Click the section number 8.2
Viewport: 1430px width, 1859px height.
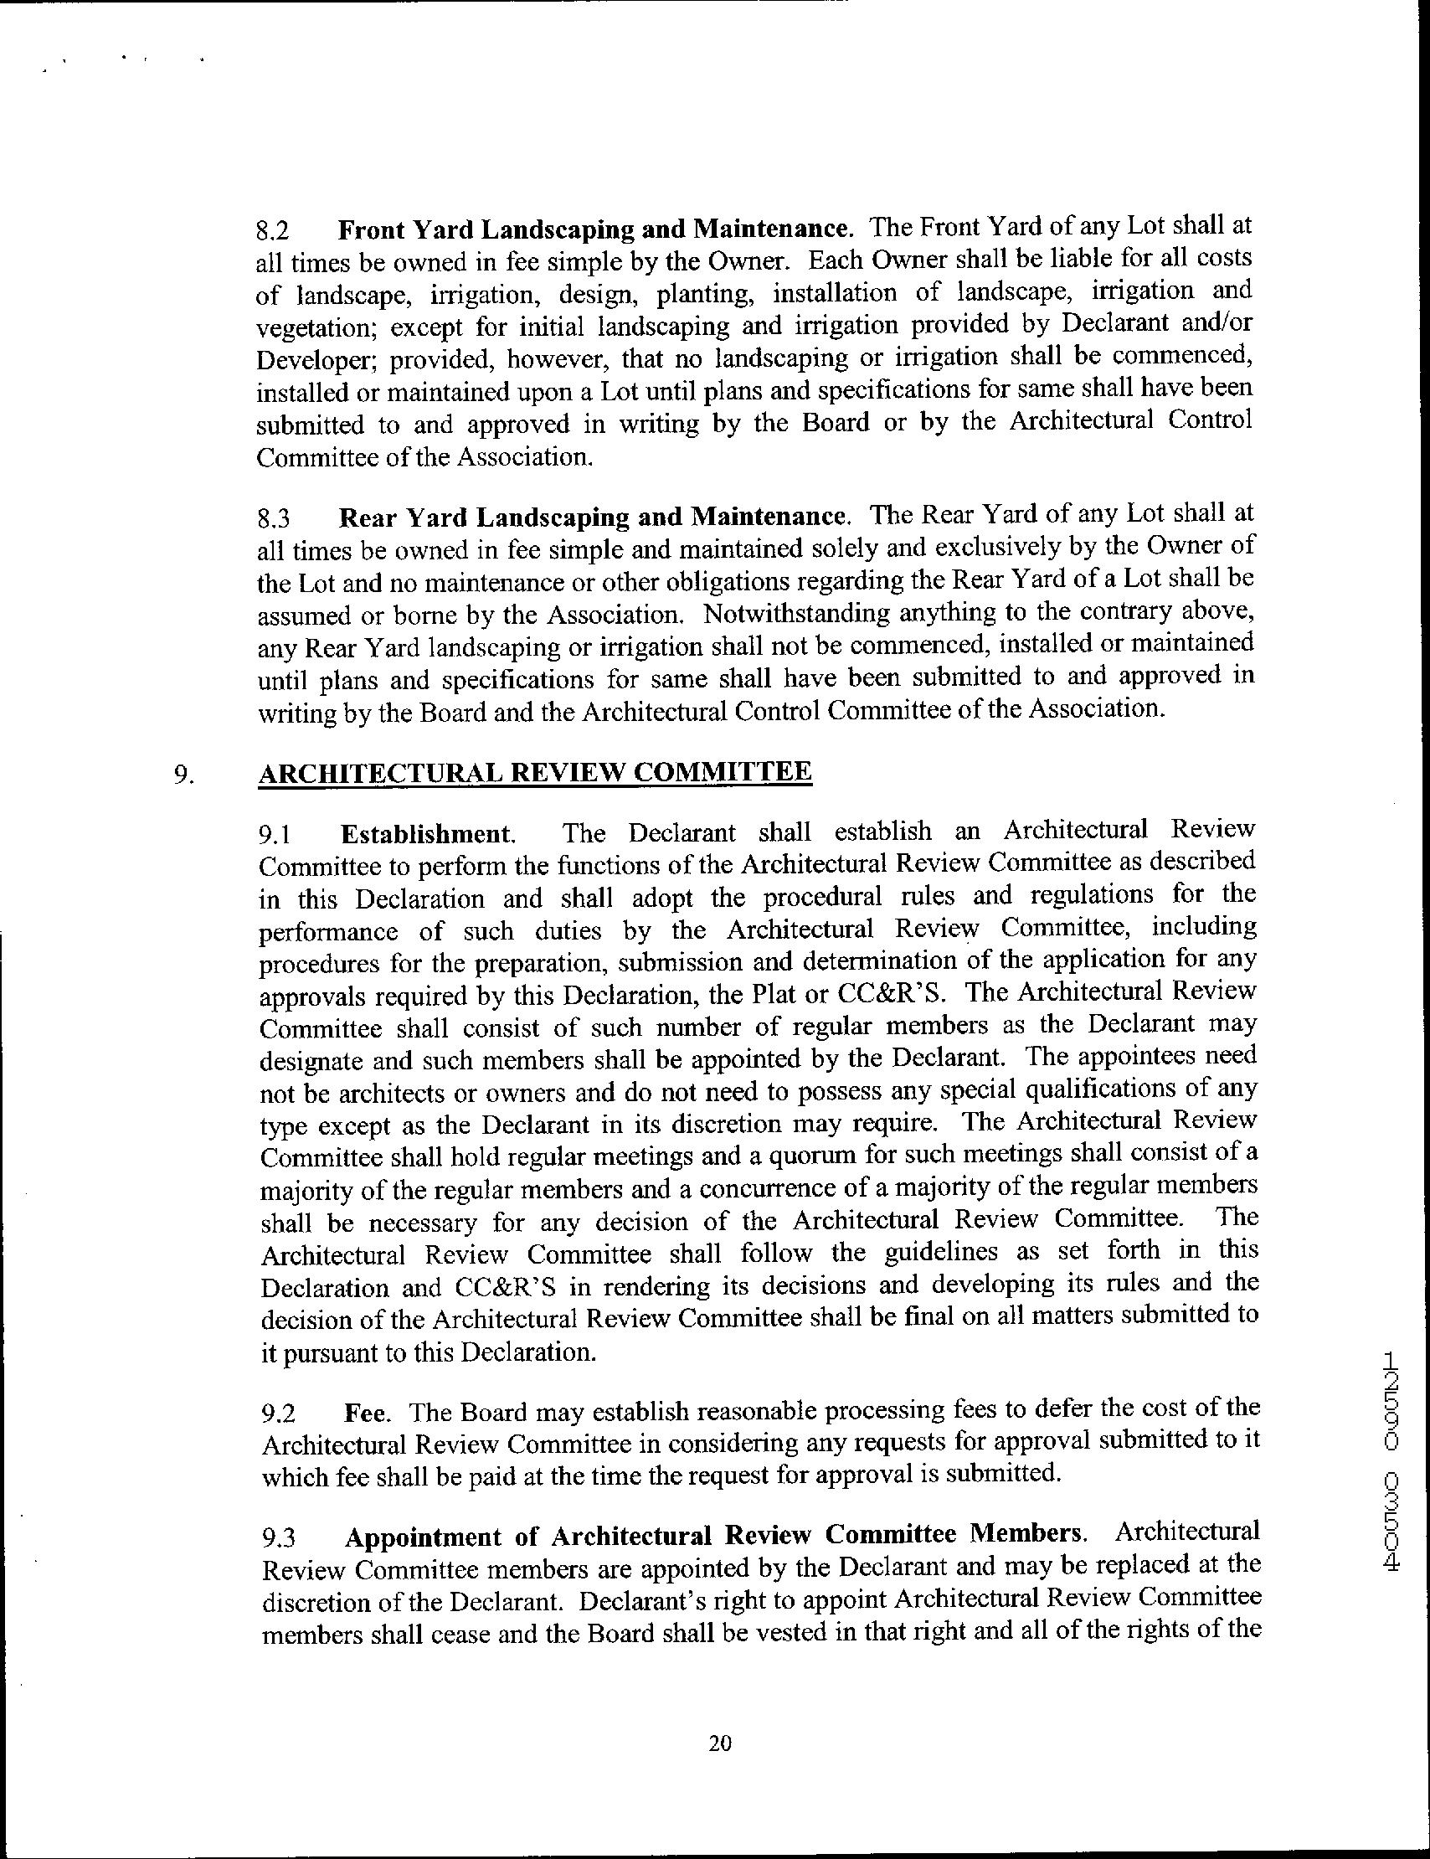[273, 230]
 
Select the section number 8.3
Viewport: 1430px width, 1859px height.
[273, 518]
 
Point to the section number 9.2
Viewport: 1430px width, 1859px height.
[278, 1414]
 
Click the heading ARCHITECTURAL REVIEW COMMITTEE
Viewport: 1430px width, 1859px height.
[534, 772]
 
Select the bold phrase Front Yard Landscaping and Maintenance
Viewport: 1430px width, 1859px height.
[594, 229]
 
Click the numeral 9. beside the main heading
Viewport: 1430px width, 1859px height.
[183, 774]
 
